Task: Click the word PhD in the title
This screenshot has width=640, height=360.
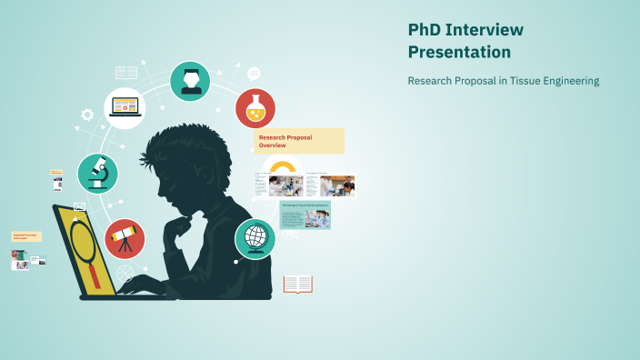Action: pos(425,30)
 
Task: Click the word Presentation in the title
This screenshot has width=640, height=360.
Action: pos(459,53)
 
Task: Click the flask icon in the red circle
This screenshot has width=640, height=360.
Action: pos(255,109)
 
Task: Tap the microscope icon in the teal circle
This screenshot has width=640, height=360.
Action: pos(97,173)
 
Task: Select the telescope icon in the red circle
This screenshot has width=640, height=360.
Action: pos(125,239)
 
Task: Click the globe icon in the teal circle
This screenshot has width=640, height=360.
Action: pos(255,239)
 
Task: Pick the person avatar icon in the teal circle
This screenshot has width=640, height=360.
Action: pos(190,81)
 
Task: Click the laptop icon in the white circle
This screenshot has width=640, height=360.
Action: pos(125,108)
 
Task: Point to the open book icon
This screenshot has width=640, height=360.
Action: pos(297,285)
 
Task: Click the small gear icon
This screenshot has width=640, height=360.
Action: pos(87,115)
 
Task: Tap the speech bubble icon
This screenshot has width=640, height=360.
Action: pos(254,74)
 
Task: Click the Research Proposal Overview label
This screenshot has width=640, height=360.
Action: pos(299,141)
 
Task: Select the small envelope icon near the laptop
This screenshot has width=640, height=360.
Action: pos(79,206)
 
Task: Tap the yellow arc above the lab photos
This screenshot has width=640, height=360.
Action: pos(283,165)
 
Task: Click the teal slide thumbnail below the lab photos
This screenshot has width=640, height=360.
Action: pos(305,215)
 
